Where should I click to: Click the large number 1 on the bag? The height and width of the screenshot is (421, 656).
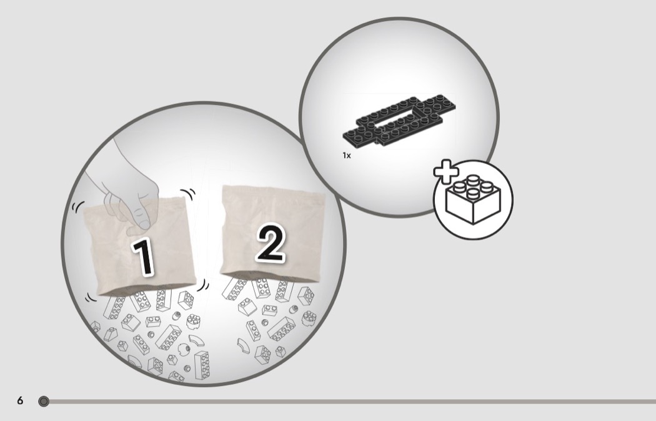point(142,256)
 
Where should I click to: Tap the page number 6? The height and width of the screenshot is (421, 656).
point(20,401)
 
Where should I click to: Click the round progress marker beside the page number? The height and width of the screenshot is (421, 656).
point(44,402)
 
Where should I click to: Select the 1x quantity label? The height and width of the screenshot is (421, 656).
point(346,155)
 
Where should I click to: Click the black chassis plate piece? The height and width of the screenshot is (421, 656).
point(399,120)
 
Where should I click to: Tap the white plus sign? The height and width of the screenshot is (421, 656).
point(446,171)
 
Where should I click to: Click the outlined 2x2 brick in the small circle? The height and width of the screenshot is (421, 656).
point(473,200)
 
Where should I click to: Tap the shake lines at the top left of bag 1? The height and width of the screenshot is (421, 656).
point(78,206)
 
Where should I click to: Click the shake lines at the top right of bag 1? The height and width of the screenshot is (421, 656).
point(189,194)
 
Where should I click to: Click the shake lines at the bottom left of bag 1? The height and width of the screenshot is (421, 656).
point(91,297)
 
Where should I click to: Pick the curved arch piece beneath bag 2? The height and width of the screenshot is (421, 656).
point(243,346)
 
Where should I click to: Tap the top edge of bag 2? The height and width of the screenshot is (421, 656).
point(272,190)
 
